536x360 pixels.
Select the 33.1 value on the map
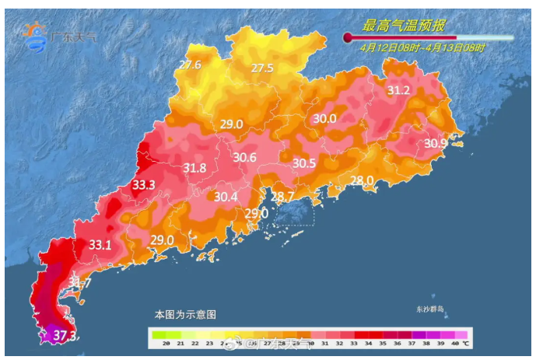coord(100,244)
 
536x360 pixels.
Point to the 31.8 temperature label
coord(194,168)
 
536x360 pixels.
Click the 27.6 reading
coord(190,65)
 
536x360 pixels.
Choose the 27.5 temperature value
coord(262,68)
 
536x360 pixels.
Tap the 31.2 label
coord(398,90)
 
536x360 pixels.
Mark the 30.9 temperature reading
coord(436,143)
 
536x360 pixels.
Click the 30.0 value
coord(324,118)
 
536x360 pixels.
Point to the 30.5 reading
coord(304,163)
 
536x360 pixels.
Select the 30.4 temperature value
coord(226,197)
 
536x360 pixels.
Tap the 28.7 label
coord(282,196)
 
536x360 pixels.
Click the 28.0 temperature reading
coord(362,180)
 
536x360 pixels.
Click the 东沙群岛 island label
coord(429,309)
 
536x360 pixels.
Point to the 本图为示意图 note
coord(185,314)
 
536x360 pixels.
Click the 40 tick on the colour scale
coord(454,343)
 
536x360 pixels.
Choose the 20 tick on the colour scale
coord(156,343)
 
